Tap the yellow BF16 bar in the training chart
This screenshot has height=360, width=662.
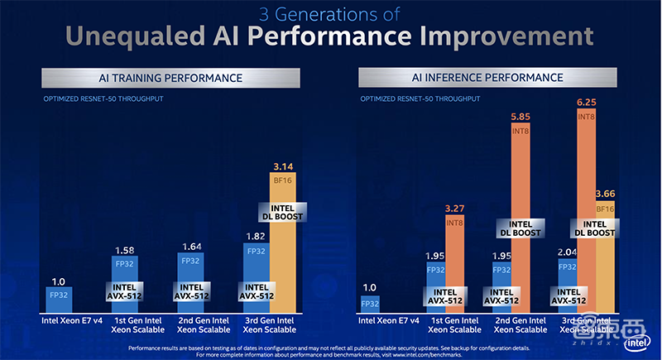point(284,248)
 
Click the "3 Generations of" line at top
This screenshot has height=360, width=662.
point(330,13)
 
